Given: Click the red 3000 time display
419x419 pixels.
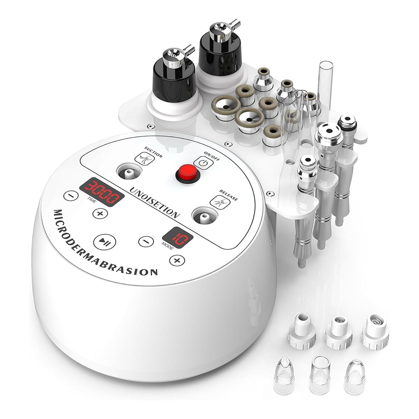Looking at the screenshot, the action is (102, 192).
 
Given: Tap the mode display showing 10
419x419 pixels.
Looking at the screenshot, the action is (178, 238).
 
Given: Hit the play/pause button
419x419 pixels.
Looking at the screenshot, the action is (105, 242).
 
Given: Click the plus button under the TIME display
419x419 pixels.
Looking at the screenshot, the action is (100, 214).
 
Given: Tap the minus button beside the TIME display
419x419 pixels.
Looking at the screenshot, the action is (71, 196).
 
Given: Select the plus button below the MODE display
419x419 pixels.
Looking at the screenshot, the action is (177, 260).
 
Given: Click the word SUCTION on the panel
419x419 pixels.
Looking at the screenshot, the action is (153, 152).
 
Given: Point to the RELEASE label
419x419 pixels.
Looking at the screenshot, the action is (229, 195).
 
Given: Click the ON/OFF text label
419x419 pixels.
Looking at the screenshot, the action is (212, 156).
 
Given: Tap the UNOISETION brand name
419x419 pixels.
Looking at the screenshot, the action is (155, 202).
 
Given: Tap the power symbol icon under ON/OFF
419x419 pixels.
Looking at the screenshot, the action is (203, 163).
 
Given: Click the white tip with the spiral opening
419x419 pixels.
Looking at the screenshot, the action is (375, 331).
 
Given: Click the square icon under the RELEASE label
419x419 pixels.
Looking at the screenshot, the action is (220, 202).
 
